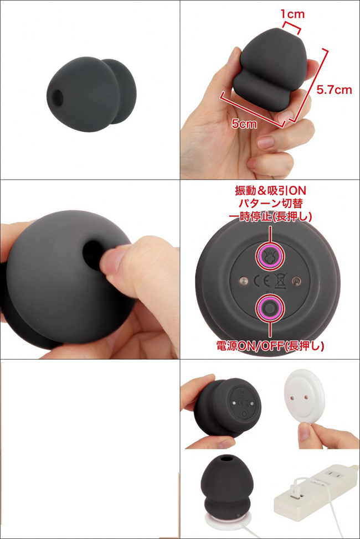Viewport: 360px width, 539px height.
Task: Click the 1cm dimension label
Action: click(292, 14)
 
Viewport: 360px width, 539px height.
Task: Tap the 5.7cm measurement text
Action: click(334, 90)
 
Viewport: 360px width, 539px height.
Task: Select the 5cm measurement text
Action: click(244, 123)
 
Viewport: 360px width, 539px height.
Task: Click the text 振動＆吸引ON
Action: click(270, 190)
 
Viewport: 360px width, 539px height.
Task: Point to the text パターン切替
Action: click(270, 203)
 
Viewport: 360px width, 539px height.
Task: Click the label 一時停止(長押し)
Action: click(270, 216)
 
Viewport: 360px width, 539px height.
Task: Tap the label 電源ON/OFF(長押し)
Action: click(270, 345)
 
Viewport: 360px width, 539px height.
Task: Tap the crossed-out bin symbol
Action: click(280, 281)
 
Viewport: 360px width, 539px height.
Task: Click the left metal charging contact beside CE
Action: click(244, 281)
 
